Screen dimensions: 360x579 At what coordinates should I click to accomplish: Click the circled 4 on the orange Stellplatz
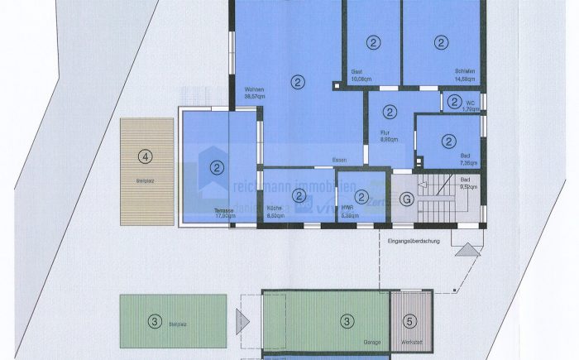[146, 155]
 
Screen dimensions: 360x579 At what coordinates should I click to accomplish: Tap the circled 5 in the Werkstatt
[411, 321]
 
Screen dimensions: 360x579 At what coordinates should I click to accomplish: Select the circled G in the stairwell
[406, 199]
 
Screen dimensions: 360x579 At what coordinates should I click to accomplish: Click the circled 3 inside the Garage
[348, 321]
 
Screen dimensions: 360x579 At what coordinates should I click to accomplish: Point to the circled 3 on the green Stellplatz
[154, 321]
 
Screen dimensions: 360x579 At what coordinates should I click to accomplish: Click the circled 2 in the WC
[455, 102]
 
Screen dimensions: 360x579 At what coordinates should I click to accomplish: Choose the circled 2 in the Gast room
[374, 41]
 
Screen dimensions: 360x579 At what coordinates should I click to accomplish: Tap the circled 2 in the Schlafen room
[441, 41]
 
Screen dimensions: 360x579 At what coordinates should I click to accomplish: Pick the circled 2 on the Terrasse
[217, 168]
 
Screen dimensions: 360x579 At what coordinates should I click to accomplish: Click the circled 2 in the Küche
[299, 194]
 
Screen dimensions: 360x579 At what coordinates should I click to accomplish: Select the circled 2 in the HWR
[361, 196]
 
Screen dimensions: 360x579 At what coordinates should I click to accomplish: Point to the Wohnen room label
[255, 93]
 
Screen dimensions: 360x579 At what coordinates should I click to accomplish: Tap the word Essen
[339, 160]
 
